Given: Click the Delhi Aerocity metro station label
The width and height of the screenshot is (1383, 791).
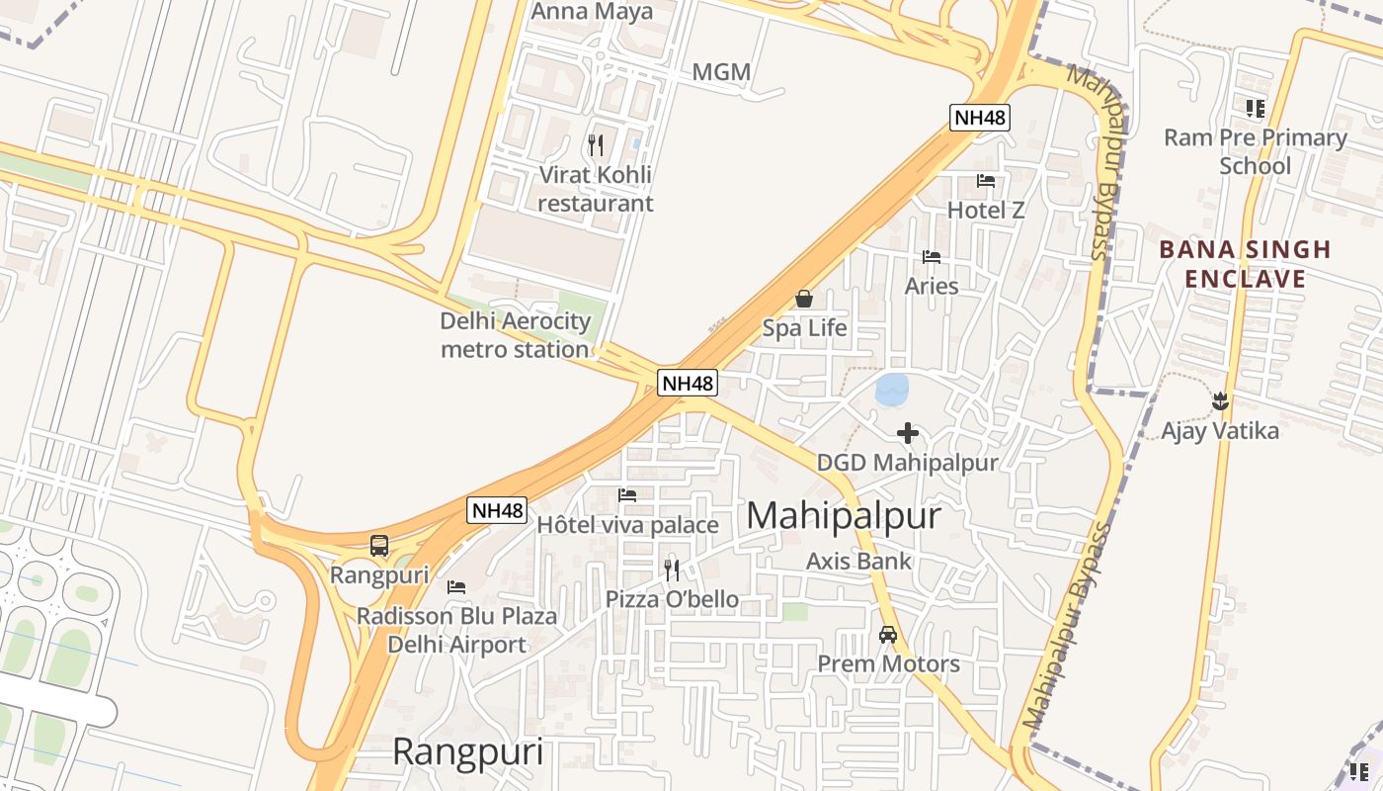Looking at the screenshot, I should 515,335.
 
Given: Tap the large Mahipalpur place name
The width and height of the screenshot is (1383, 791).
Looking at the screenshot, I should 843,515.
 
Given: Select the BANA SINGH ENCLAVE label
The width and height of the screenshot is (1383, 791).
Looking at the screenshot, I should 1245,264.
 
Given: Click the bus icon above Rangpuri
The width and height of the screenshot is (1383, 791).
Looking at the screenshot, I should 379,545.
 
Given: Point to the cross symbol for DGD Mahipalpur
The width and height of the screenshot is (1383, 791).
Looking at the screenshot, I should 908,432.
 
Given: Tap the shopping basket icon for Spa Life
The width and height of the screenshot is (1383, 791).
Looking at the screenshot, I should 804,299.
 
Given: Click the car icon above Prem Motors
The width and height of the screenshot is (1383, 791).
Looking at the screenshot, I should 888,635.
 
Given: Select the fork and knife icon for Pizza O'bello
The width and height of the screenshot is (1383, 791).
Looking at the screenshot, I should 672,570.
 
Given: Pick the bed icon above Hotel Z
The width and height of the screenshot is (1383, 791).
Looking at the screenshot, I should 986,181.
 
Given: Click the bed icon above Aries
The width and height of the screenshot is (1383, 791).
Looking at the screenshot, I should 932,257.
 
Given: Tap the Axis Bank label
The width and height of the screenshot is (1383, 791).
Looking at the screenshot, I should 858,561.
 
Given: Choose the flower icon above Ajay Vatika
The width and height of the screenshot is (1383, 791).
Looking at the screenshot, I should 1220,400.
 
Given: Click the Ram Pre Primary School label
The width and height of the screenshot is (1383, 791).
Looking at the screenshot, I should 1255,151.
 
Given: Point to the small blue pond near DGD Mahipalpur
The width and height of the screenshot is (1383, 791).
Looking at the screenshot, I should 892,389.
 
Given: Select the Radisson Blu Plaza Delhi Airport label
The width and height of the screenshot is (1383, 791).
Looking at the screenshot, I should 456,630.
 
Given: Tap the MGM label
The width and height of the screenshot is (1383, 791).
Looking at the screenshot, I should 721,72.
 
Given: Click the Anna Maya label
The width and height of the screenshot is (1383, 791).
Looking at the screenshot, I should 592,12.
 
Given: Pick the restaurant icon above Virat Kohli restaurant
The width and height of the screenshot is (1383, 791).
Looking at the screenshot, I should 596,145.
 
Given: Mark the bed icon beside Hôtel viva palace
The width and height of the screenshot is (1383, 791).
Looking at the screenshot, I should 627,495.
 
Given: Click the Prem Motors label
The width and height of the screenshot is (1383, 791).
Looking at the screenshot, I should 888,663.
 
